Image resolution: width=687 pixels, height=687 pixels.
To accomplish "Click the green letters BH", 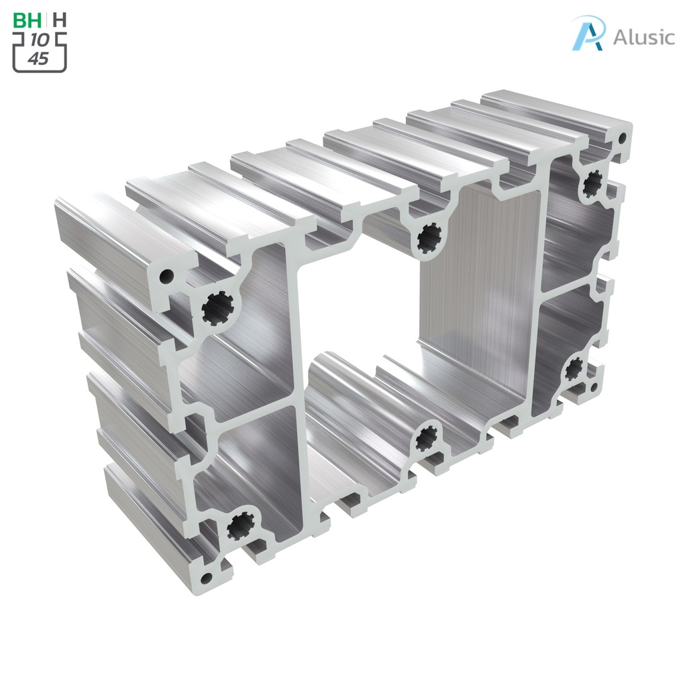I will (28, 19).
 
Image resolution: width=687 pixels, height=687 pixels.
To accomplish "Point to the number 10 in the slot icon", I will (39, 41).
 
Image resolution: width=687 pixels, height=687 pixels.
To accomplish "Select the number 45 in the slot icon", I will (39, 58).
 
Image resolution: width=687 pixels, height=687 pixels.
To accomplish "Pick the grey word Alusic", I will (643, 37).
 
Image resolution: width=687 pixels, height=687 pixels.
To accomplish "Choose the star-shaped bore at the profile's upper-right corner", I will (592, 182).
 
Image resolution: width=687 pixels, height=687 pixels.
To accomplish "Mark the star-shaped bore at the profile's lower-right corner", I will (574, 368).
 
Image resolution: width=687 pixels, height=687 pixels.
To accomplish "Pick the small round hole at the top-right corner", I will (622, 139).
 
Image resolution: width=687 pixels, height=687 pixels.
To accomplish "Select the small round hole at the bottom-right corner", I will (594, 386).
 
